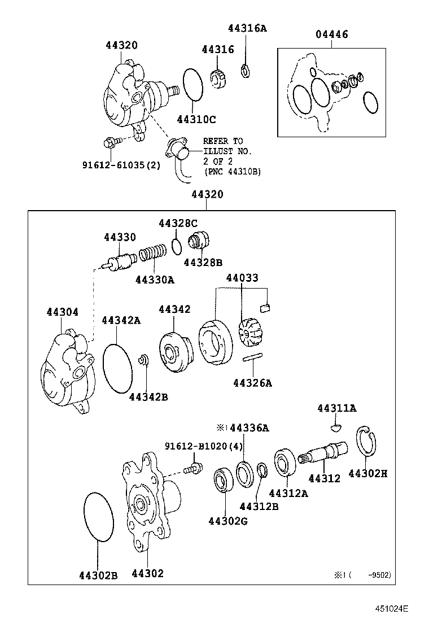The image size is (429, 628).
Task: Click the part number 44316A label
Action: point(247,28)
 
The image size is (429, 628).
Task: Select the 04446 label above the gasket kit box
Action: point(331,34)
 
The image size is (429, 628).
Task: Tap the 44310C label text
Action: point(196,120)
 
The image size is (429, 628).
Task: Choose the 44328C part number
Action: point(178,223)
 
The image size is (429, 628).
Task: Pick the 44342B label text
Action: point(148,396)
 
